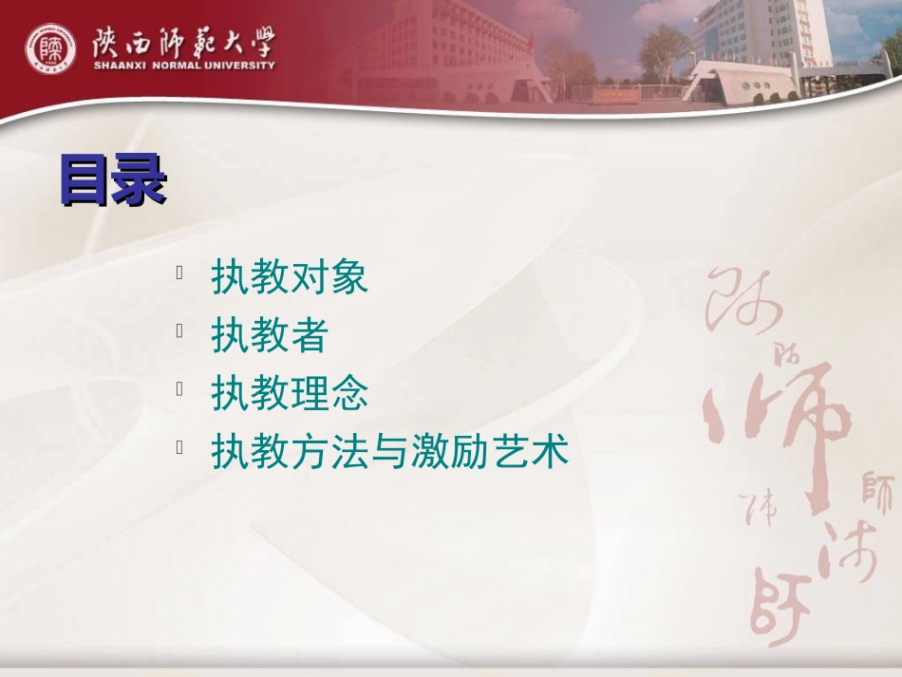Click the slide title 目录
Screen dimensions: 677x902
point(113,180)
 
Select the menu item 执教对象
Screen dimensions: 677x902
point(289,277)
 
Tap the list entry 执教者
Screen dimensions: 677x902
point(269,335)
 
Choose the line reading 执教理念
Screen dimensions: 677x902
point(289,394)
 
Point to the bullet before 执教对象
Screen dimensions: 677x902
point(179,273)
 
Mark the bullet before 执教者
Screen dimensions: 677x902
point(179,331)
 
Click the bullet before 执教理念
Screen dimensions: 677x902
point(179,389)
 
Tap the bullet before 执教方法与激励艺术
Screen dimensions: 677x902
point(179,447)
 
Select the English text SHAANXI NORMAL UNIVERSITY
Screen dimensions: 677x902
point(184,66)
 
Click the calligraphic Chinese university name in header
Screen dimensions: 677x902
point(184,40)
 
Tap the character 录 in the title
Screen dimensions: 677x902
point(140,180)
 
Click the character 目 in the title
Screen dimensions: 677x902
point(85,180)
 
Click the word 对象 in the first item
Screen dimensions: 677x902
point(329,277)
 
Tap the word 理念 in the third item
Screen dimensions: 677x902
point(329,394)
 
